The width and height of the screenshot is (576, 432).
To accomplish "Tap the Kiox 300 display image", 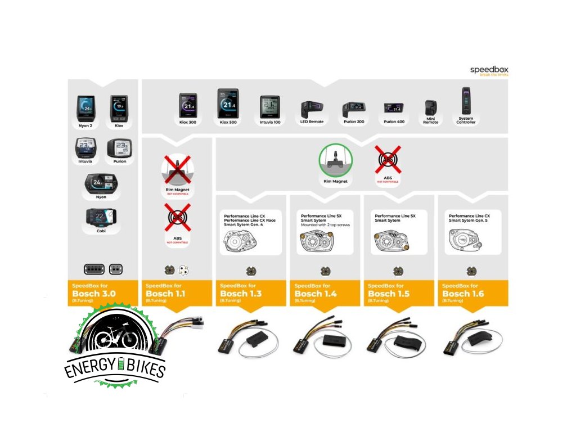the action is pyautogui.click(x=188, y=105).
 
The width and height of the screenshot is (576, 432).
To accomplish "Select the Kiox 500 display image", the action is pyautogui.click(x=228, y=103).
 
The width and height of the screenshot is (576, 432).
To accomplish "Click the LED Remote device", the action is pyautogui.click(x=311, y=109).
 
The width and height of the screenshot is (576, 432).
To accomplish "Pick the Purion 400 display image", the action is pyautogui.click(x=394, y=108).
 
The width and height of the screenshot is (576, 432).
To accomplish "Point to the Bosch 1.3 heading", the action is pyautogui.click(x=241, y=294).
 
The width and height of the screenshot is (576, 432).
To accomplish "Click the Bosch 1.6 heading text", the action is pyautogui.click(x=463, y=294).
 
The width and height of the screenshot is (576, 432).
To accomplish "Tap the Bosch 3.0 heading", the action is pyautogui.click(x=94, y=294).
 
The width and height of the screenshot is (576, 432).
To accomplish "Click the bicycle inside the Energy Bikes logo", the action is pyautogui.click(x=115, y=338).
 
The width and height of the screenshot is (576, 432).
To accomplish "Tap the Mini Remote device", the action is pyautogui.click(x=431, y=108).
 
